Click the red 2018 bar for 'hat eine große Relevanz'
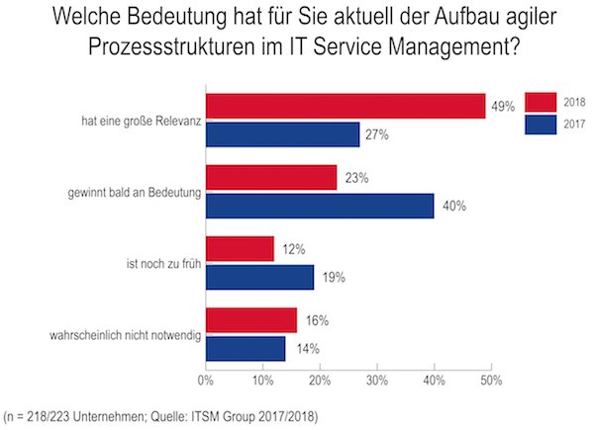click(345, 106)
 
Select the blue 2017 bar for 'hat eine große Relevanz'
click(282, 133)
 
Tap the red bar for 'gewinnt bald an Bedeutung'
click(270, 177)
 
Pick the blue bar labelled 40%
click(320, 206)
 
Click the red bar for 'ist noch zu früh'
click(239, 249)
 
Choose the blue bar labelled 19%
click(259, 277)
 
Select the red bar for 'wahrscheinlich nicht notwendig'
click(250, 320)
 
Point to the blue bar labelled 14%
click(245, 348)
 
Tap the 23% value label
click(356, 178)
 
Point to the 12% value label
click(293, 249)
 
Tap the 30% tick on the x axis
click(376, 379)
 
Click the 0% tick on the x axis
click(206, 379)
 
